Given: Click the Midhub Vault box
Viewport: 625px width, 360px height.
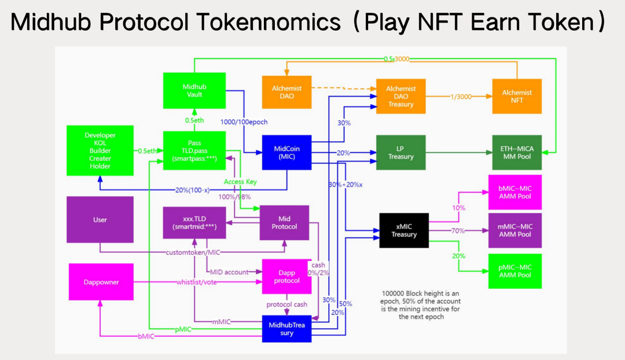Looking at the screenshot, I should tap(194, 90).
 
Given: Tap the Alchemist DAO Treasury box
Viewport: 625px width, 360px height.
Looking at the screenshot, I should tap(401, 96).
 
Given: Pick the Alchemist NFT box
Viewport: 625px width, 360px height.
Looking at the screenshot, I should tap(517, 96).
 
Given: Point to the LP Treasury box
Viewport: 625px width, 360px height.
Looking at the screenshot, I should tap(401, 152).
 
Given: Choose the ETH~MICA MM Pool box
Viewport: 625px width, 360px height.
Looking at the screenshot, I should tap(517, 152).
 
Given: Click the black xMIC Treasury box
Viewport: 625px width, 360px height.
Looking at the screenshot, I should tap(404, 230).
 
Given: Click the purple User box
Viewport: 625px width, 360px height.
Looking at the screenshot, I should tap(100, 219).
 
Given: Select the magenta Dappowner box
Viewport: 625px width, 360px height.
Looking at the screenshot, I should tap(101, 281).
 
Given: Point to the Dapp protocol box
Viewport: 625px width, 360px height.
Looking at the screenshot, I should tap(287, 277).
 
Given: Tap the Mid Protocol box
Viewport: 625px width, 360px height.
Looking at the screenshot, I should tap(284, 223).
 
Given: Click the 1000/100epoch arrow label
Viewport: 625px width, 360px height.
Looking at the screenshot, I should tap(244, 122).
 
